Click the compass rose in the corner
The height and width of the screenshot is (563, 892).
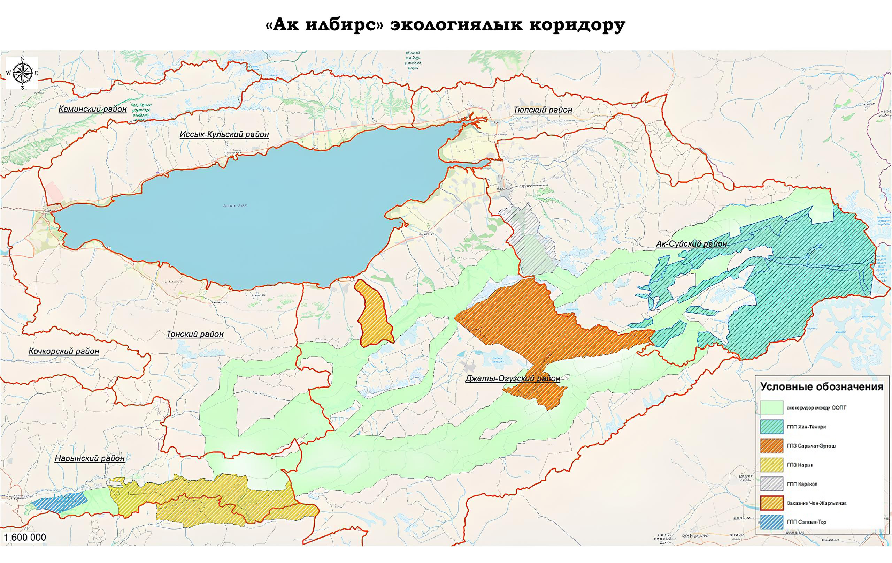tap(22, 73)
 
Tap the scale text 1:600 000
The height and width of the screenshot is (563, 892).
tap(25, 538)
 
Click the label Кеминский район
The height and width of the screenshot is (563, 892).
tap(93, 109)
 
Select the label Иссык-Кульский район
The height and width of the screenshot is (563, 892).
tap(224, 134)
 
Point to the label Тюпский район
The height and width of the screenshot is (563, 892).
tap(542, 110)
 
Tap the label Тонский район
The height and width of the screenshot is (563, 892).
tap(195, 334)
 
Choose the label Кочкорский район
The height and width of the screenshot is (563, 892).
tap(64, 351)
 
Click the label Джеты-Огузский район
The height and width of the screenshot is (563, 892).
tap(512, 379)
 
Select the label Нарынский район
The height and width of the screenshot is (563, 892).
tap(90, 458)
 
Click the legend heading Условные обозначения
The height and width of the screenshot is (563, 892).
tap(822, 387)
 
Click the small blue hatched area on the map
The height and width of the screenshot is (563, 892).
tap(59, 502)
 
